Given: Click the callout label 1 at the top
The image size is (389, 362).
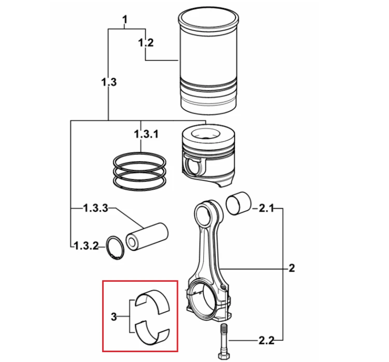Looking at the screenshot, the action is coord(125,19).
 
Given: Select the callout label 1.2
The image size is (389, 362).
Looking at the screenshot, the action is coord(146,42).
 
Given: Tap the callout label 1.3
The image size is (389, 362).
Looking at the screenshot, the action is coord(109,82).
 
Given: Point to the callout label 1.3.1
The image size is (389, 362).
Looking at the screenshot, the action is coord(146,134).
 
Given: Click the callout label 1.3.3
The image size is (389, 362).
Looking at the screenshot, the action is coord(95,208).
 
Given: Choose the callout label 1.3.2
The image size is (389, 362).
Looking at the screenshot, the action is coord(86,246).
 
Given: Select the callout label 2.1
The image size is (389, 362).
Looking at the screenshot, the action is coord(266,208).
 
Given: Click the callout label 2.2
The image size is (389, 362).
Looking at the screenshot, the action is coord(267,341).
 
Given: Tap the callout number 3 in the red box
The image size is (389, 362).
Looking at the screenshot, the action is coord(114,316).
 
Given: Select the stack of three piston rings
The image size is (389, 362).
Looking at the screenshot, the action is coord(140,171).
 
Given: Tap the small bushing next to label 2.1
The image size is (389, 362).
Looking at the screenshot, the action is coord(239,203).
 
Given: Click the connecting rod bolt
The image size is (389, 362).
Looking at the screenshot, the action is coord(224,341).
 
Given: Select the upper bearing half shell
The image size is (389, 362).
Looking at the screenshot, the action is coord(152,301).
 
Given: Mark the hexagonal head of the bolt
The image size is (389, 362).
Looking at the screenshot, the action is coord(224,356).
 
